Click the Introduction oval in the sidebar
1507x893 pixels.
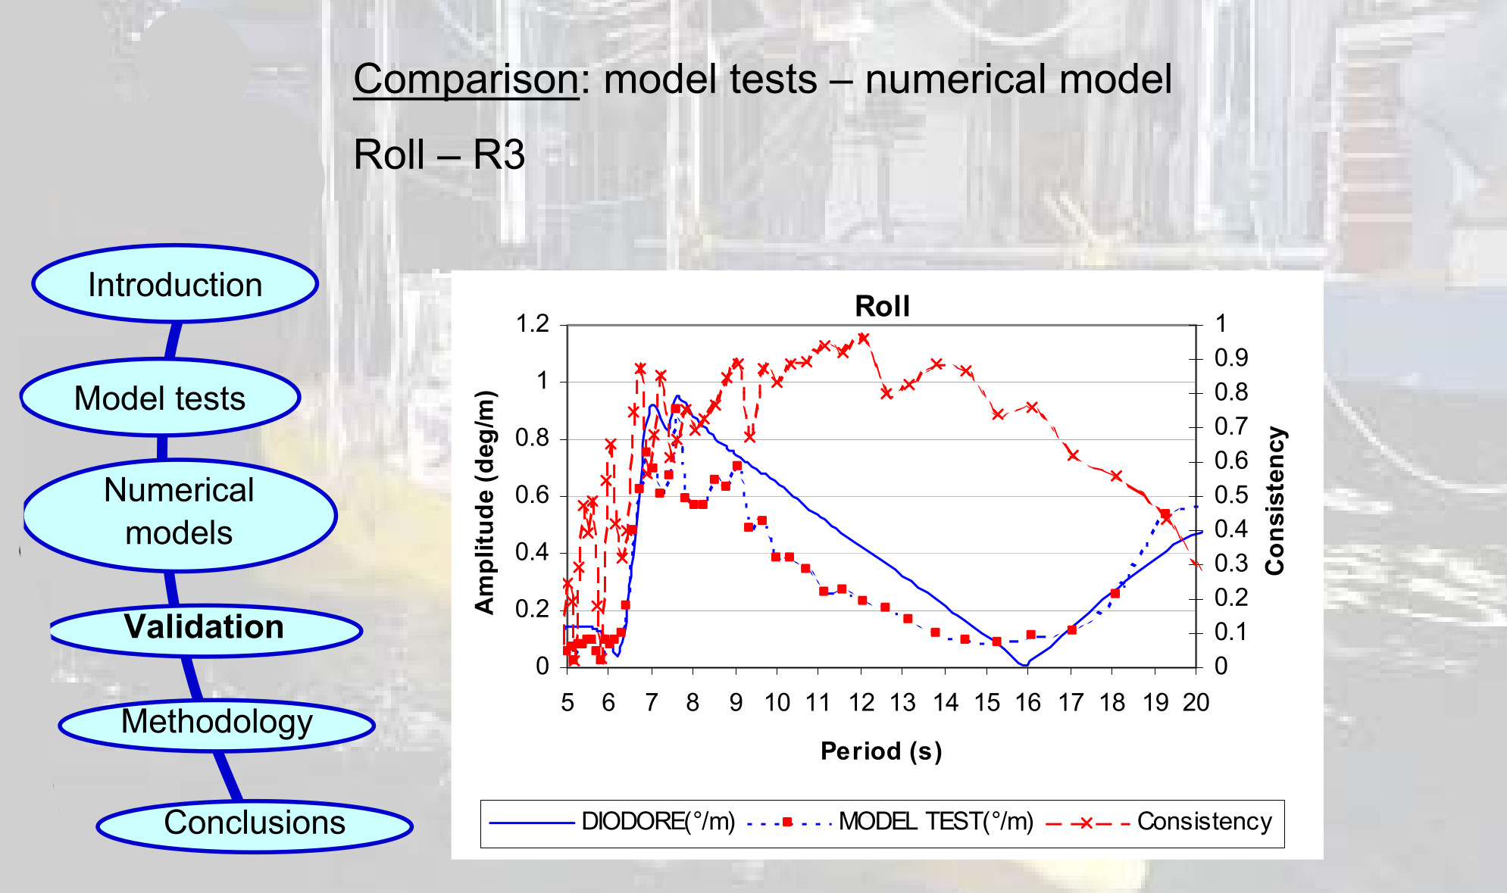tap(175, 284)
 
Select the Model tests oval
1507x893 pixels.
tap(160, 398)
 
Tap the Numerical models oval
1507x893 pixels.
tap(180, 515)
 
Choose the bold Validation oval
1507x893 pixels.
tap(205, 629)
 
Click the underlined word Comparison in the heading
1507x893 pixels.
tap(466, 80)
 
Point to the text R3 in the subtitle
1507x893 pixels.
tap(499, 155)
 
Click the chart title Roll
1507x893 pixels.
tap(882, 306)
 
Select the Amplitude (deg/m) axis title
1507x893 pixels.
tap(485, 501)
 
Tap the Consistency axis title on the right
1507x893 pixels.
tap(1275, 501)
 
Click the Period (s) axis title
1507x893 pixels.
tap(881, 751)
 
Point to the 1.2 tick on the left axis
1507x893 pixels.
tap(532, 324)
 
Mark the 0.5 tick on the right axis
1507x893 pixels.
tap(1231, 495)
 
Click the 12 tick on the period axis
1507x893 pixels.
tap(861, 703)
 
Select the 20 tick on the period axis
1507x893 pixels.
tap(1196, 703)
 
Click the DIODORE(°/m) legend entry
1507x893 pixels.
tap(612, 822)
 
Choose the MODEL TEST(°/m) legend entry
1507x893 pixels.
tap(890, 822)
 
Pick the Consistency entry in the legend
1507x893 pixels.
tap(1159, 822)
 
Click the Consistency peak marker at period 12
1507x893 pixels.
tap(863, 339)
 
